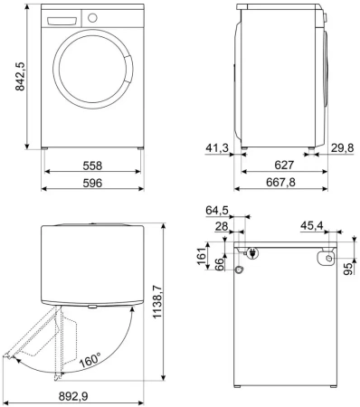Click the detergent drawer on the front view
coord(61,19)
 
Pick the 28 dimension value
coord(221,228)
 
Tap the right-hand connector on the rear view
coord(321,258)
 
